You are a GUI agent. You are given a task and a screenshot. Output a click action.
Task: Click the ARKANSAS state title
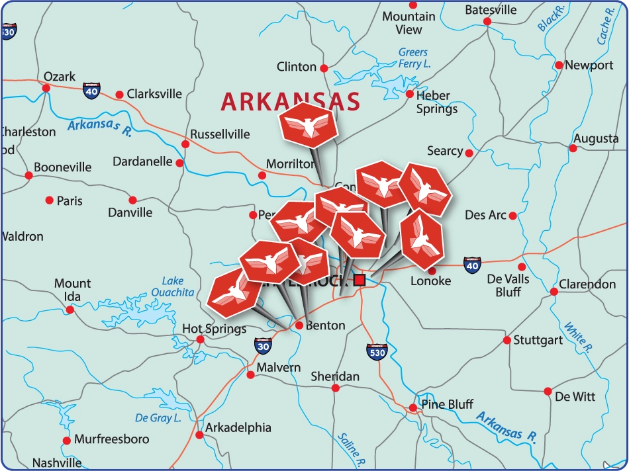click(290, 102)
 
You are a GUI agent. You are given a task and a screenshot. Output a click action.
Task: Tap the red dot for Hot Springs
click(200, 339)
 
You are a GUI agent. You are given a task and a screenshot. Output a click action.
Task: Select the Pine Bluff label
click(447, 404)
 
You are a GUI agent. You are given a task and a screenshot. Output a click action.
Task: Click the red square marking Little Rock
click(360, 280)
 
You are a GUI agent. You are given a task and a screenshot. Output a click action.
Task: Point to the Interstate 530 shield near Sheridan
click(376, 352)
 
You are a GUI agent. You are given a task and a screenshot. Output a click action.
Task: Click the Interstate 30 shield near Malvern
click(263, 345)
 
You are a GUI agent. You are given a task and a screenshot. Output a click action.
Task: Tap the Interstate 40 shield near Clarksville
click(92, 91)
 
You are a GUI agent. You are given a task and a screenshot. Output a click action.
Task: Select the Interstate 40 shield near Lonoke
click(471, 265)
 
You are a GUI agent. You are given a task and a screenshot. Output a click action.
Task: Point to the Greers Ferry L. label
click(413, 58)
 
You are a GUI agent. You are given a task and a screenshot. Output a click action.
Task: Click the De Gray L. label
click(158, 418)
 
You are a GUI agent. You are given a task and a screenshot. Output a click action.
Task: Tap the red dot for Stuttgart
click(507, 340)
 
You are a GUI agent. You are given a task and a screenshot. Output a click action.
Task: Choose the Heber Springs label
click(436, 102)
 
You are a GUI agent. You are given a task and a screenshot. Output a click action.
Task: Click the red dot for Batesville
click(487, 21)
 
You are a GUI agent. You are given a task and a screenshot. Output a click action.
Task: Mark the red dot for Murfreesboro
click(66, 440)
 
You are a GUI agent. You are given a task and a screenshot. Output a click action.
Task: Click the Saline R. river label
click(350, 447)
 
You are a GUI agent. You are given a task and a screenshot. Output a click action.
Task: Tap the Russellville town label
click(220, 134)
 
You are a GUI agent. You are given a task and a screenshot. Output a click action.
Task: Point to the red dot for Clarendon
click(554, 292)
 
